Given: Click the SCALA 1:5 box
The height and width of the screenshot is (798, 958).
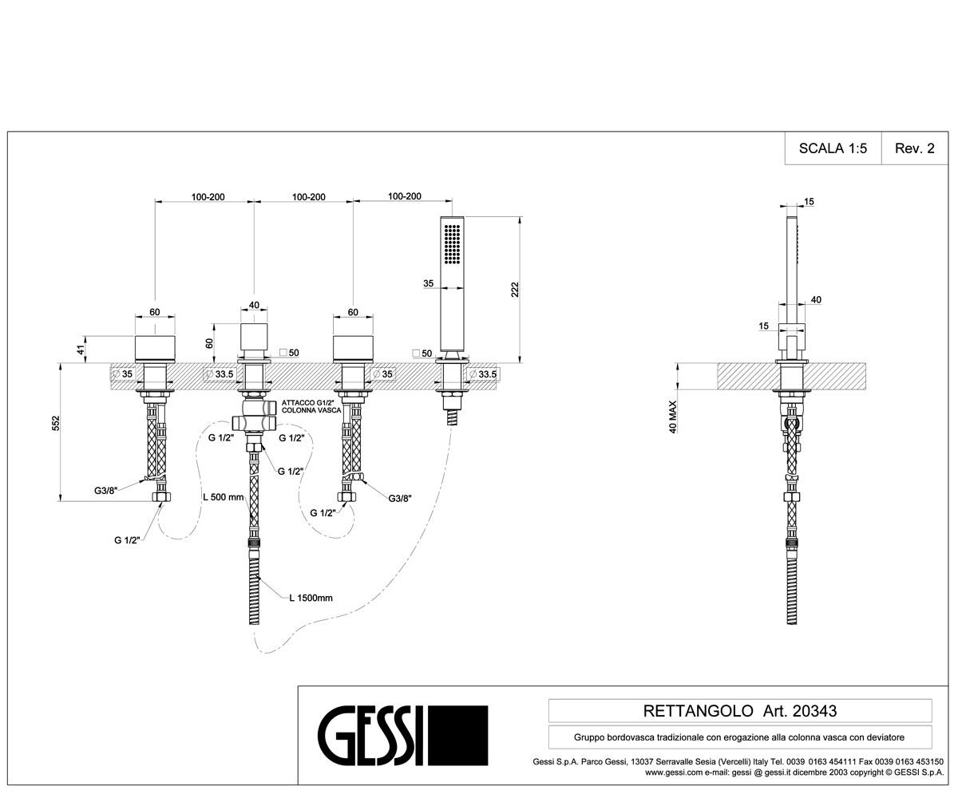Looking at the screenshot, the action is click(833, 148).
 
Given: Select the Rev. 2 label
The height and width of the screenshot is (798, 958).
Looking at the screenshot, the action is click(914, 148).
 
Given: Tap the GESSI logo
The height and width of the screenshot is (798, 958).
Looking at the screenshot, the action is click(403, 735).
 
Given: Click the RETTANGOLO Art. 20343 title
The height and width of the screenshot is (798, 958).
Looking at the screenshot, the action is click(739, 711).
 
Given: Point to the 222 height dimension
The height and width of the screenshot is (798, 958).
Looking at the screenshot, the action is click(515, 290).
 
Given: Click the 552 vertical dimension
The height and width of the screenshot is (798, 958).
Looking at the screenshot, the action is click(56, 424).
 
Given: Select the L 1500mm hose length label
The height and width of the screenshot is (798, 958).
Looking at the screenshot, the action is click(311, 598).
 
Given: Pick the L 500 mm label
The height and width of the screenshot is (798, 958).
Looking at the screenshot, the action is click(224, 497).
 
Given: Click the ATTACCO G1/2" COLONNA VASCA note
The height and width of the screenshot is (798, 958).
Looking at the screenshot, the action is click(311, 406).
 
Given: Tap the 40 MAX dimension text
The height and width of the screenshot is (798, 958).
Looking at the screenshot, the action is click(673, 417).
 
